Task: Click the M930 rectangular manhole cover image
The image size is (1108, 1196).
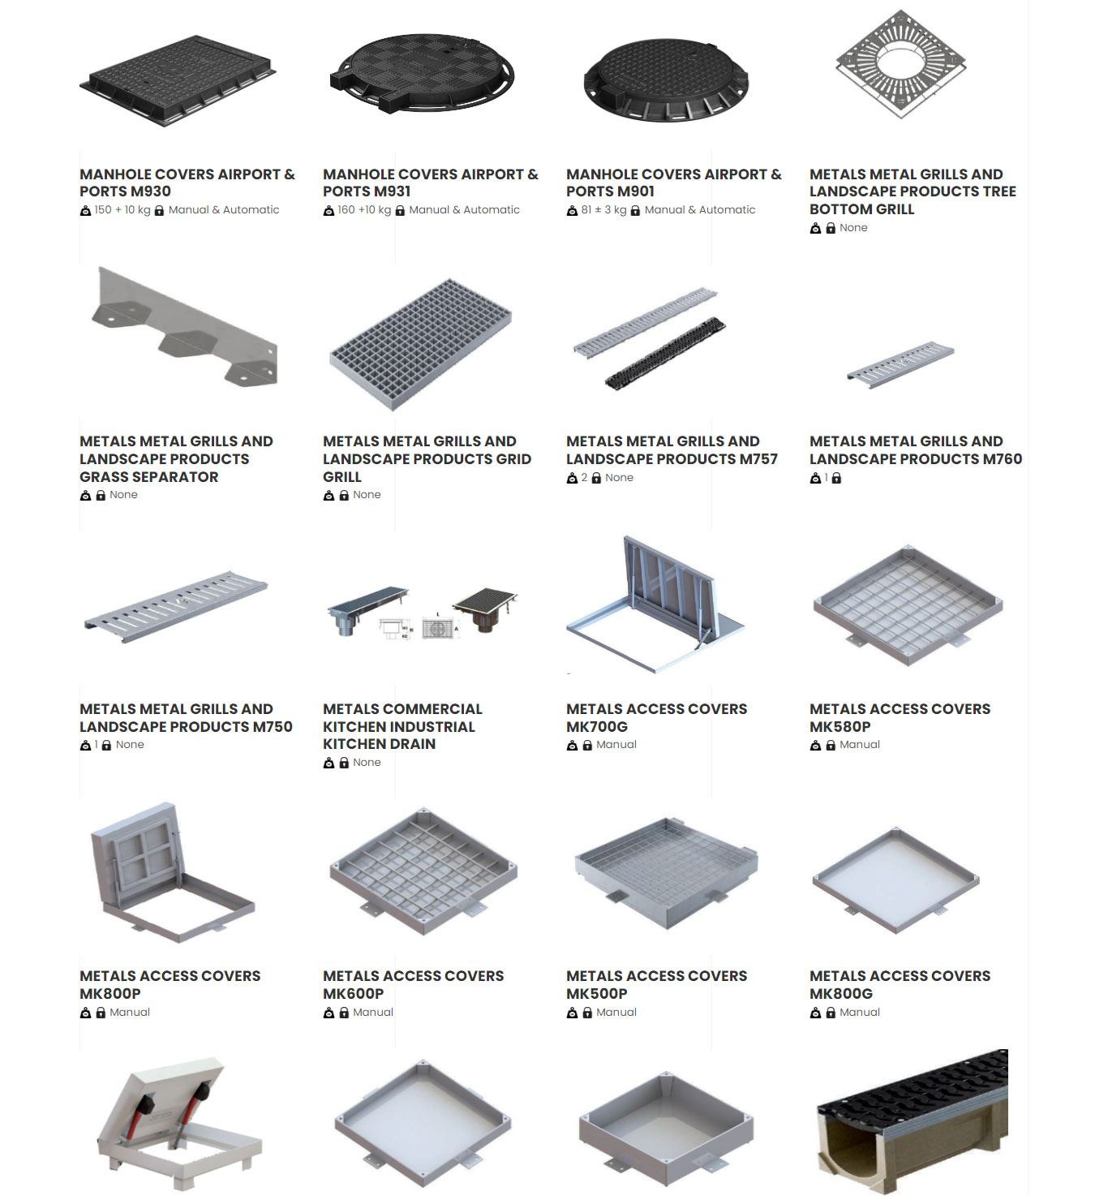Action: point(178,80)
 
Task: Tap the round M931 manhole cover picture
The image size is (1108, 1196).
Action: point(422,74)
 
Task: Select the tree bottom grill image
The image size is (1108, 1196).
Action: point(901,64)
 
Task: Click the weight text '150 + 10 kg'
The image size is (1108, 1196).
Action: point(122,209)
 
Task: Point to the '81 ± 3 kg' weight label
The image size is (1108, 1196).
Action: point(604,209)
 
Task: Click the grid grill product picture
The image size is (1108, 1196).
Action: point(421,344)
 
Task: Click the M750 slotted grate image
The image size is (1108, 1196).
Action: point(176,606)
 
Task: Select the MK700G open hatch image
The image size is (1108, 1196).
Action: point(655,604)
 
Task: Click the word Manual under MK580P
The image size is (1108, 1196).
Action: point(859,744)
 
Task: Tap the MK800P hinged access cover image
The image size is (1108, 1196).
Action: point(173,871)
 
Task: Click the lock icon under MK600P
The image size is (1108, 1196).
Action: point(344,1013)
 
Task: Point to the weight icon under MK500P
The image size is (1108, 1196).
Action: point(572,1013)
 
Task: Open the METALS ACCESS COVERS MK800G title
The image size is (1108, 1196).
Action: point(900,984)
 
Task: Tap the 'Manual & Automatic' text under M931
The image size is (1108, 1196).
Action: point(464,209)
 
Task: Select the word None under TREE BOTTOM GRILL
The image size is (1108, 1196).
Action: point(853,228)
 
